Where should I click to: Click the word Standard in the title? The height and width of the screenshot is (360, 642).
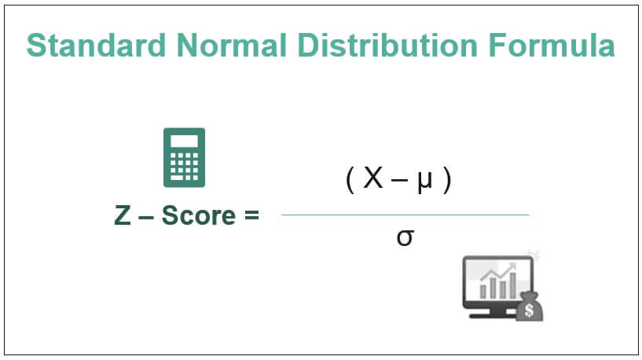[x=96, y=45]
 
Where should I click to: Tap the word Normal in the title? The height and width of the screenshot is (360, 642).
[x=231, y=45]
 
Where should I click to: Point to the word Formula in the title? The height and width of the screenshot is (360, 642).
[x=552, y=45]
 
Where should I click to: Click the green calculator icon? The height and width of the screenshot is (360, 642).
[x=184, y=158]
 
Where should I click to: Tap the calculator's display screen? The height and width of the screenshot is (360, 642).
[x=184, y=141]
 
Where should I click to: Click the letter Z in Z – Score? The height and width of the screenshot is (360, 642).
[x=123, y=215]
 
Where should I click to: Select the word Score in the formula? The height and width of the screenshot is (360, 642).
[x=199, y=215]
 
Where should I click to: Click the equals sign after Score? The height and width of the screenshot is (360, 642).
[x=251, y=215]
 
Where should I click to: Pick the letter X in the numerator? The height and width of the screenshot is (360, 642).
[x=373, y=178]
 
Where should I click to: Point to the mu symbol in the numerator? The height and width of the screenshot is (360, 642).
[x=424, y=182]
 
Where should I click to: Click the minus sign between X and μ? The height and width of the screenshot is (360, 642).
[x=400, y=181]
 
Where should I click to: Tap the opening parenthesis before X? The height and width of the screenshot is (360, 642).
[x=350, y=181]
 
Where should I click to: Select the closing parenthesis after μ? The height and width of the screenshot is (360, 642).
[x=447, y=181]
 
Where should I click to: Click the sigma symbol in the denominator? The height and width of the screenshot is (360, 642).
[x=405, y=237]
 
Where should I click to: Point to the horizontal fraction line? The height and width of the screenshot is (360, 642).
[x=405, y=215]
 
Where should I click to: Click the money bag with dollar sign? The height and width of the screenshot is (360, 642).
[x=529, y=307]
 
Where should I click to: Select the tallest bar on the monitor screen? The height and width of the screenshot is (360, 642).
[x=512, y=285]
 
